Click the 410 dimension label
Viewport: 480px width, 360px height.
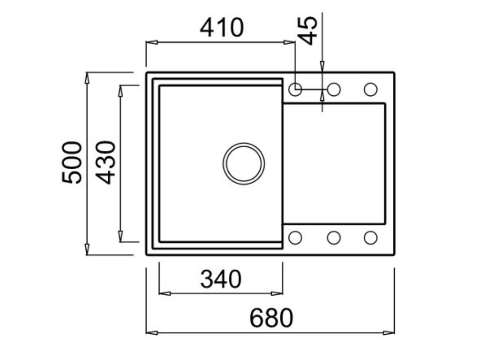click(x=222, y=28)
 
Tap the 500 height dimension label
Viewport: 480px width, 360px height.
click(x=72, y=162)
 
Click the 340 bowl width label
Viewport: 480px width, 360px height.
click(x=221, y=279)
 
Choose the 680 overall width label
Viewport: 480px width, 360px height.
click(x=271, y=318)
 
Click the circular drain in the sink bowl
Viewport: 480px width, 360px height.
click(x=243, y=164)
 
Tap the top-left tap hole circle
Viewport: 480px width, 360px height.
click(x=295, y=89)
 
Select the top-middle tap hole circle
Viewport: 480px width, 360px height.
click(x=334, y=89)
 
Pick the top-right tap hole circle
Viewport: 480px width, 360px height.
click(x=370, y=89)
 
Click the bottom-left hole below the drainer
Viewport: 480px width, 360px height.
click(x=295, y=238)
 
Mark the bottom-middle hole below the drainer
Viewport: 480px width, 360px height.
click(x=334, y=238)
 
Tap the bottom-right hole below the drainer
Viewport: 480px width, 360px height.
click(x=370, y=238)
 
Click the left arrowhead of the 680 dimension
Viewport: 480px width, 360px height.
click(x=151, y=333)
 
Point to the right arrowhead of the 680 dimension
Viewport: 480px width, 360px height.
click(x=389, y=333)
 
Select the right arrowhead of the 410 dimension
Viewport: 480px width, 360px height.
click(x=290, y=42)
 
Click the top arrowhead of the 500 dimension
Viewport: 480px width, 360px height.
click(x=87, y=78)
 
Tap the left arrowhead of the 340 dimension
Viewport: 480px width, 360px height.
click(x=165, y=293)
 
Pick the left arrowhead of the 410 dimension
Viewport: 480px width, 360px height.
click(x=151, y=42)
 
